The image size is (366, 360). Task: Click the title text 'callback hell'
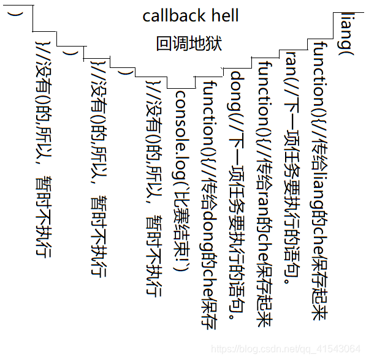(191, 15)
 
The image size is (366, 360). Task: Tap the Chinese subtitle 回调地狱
(189, 44)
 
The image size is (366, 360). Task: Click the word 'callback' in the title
(173, 15)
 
